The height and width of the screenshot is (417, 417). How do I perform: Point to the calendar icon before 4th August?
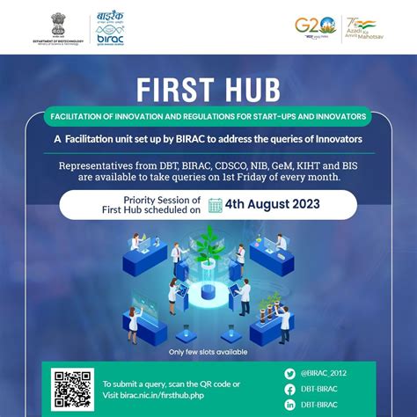coord(214,206)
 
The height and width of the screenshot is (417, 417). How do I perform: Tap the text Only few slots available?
coord(208,352)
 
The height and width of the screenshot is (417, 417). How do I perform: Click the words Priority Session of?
coord(162,200)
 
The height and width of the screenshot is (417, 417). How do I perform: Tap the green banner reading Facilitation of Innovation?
coord(208,117)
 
